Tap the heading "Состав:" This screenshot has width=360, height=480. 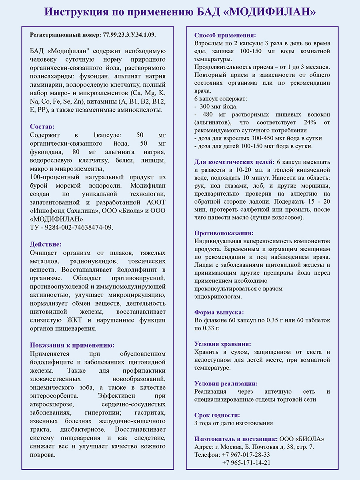43,126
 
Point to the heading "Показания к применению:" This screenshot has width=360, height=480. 72,345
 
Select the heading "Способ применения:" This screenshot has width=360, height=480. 225,35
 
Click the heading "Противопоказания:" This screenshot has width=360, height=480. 224,233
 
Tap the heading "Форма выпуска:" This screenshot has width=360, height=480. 219,312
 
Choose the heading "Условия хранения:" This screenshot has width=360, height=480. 222,344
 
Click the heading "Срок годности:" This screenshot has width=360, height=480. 217,415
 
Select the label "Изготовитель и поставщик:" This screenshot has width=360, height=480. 236,438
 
